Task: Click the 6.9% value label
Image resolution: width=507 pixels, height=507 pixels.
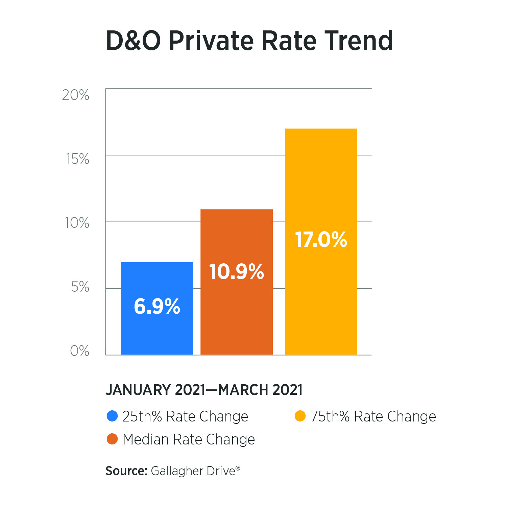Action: click(157, 307)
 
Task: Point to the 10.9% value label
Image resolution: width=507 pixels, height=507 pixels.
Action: click(236, 271)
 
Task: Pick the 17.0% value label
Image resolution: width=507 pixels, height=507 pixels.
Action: click(321, 240)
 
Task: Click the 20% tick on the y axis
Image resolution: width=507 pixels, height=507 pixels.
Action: click(76, 95)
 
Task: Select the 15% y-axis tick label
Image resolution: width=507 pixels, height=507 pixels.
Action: click(77, 159)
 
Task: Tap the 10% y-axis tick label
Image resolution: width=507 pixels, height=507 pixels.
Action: click(77, 223)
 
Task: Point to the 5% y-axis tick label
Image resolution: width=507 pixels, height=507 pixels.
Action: click(80, 287)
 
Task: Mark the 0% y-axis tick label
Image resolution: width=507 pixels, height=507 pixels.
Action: click(79, 351)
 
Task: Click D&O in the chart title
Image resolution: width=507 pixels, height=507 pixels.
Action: click(133, 41)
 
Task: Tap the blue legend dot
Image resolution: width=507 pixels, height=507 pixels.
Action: click(112, 416)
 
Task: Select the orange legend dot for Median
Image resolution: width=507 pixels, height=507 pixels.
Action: click(112, 439)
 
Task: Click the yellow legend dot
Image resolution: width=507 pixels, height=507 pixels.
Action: click(300, 416)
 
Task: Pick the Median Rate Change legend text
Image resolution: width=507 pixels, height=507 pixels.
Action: click(189, 439)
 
